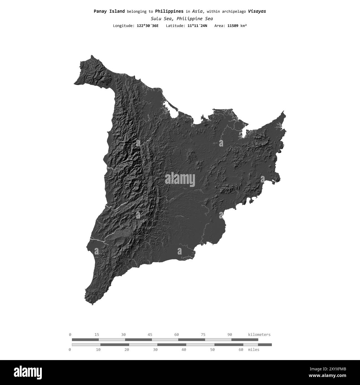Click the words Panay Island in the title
point(109,11)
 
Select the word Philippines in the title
point(169,11)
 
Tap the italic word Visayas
point(257,11)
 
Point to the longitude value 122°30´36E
point(148,26)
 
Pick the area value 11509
point(233,26)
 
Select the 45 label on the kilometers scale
point(150,335)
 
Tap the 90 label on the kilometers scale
point(230,335)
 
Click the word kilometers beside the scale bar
point(259,335)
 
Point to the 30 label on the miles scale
point(155,350)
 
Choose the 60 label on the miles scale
point(241,350)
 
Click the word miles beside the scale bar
point(254,350)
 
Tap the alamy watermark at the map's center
point(180,179)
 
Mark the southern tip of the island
point(92,304)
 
